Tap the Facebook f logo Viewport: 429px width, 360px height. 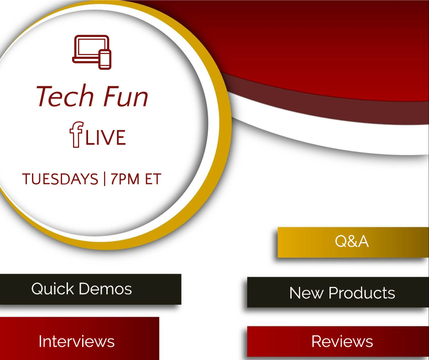click(x=76, y=134)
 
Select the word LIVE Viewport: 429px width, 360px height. click(x=105, y=137)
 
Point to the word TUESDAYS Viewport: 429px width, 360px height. click(x=60, y=179)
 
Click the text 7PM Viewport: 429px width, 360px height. click(x=125, y=179)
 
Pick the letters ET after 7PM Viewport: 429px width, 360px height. click(x=153, y=179)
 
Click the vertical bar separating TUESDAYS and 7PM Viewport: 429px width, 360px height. click(x=105, y=179)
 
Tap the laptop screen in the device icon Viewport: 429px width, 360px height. click(x=92, y=46)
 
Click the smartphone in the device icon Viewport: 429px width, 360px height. click(x=105, y=59)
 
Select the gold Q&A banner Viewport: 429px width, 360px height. click(x=353, y=242)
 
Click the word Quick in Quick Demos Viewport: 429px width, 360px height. click(x=52, y=289)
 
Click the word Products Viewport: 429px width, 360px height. click(x=362, y=293)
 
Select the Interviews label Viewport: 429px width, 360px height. click(x=77, y=341)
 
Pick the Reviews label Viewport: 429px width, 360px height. click(x=342, y=341)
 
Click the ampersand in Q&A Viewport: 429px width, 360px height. click(x=352, y=241)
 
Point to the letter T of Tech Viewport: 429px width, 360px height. click(x=45, y=95)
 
